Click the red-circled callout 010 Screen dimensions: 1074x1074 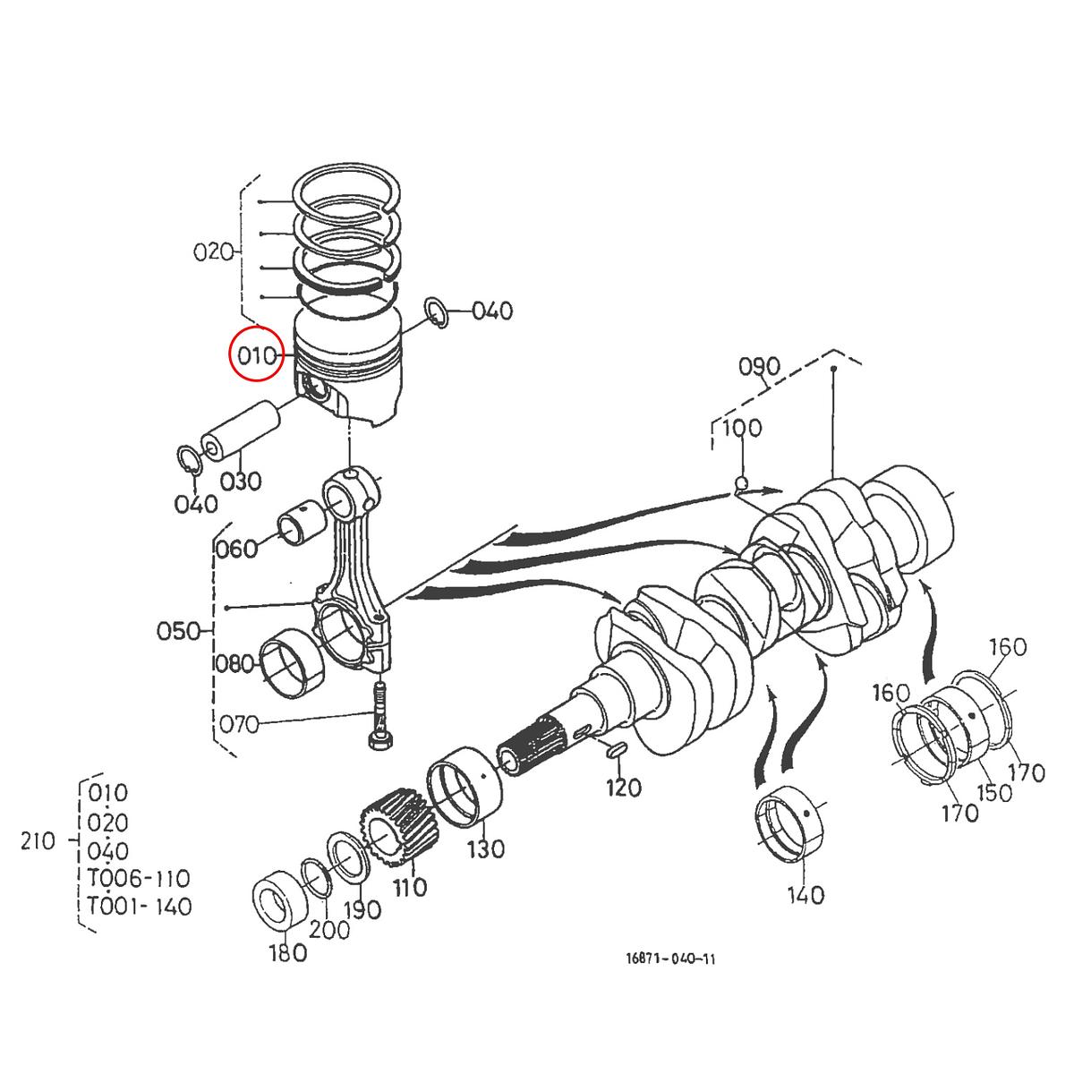click(257, 355)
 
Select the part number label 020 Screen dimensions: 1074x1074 click(213, 251)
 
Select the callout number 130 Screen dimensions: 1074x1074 click(485, 848)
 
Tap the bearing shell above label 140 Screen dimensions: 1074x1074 click(793, 822)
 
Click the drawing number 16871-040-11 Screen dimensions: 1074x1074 click(670, 959)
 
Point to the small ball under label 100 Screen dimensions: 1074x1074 click(741, 485)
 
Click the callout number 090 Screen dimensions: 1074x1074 click(760, 367)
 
